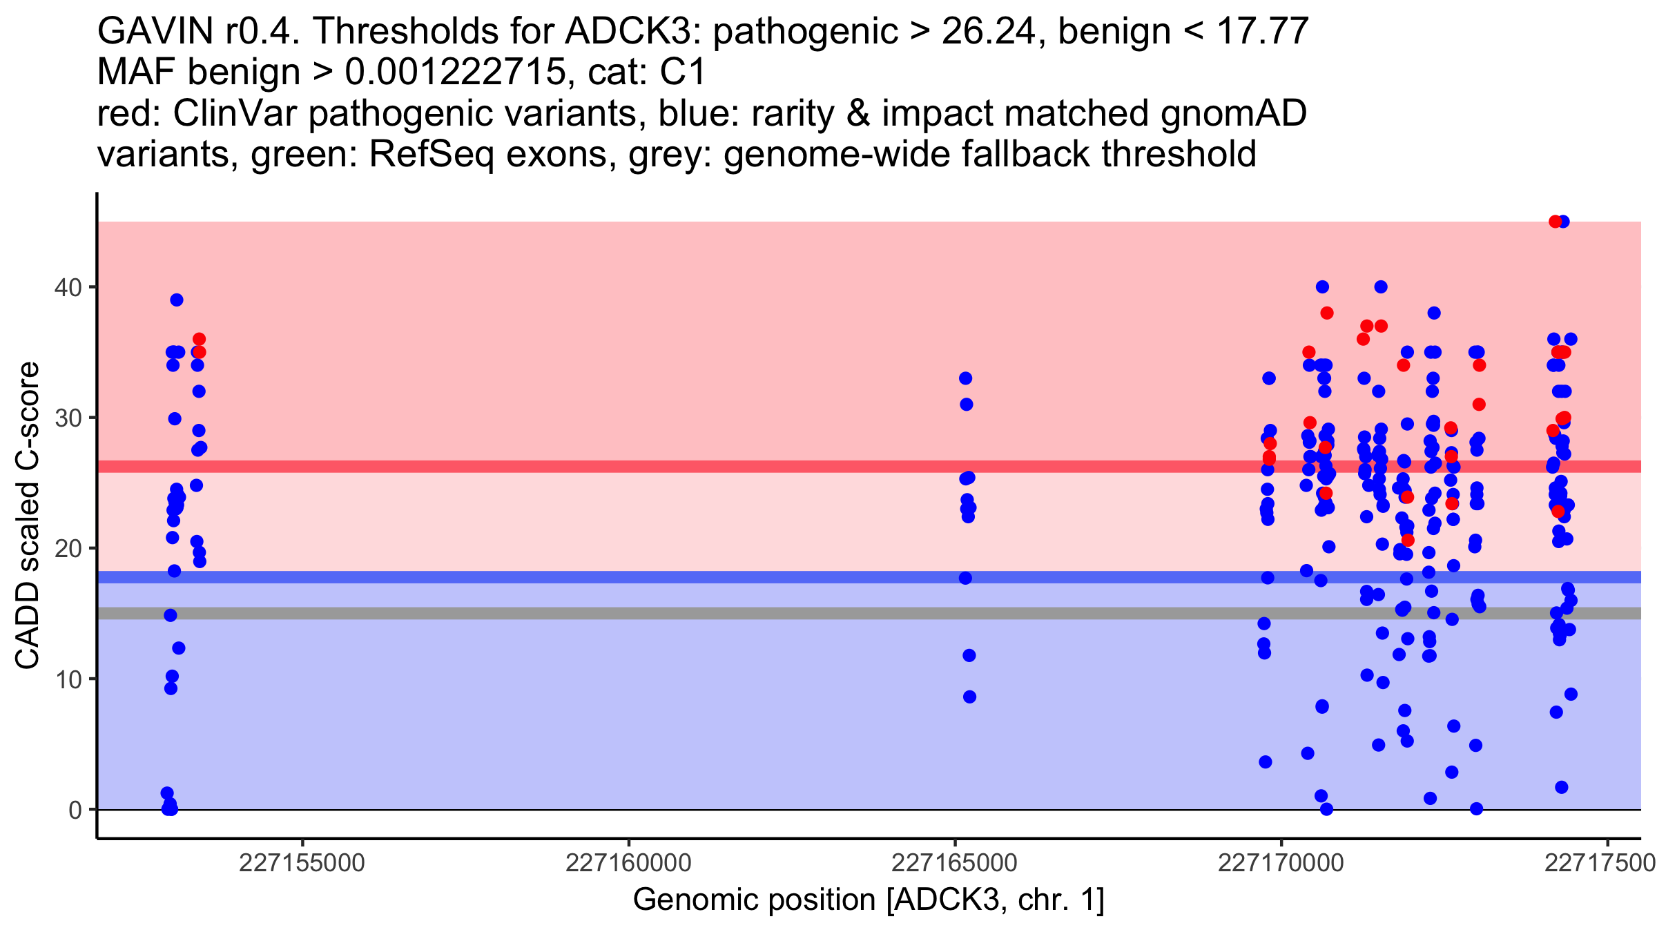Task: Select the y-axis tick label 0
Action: pyautogui.click(x=75, y=810)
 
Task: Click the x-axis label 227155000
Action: pyautogui.click(x=302, y=863)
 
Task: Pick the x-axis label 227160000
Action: pyautogui.click(x=628, y=863)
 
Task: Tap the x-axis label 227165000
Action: pyautogui.click(x=955, y=863)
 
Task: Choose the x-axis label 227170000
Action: pyautogui.click(x=1281, y=863)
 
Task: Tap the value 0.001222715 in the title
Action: pyautogui.click(x=455, y=72)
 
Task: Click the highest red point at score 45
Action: pyautogui.click(x=1555, y=222)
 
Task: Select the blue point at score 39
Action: pyautogui.click(x=177, y=300)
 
